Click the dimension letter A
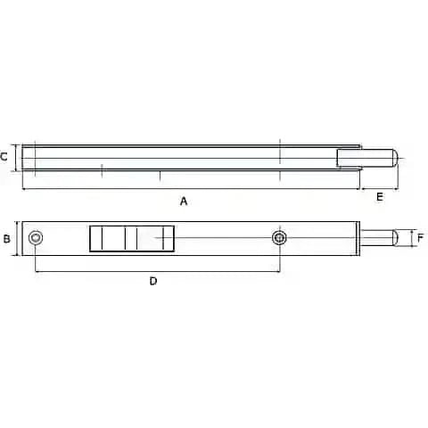[x=184, y=201]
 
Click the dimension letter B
[x=6, y=238]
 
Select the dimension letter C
[x=5, y=157]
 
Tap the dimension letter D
[x=153, y=281]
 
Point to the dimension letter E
[x=380, y=197]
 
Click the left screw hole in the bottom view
[x=36, y=238]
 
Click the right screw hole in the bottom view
[x=280, y=238]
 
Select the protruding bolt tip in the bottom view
[x=383, y=238]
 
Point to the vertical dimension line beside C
[x=16, y=157]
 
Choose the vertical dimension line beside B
[x=17, y=238]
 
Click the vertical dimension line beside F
[x=412, y=238]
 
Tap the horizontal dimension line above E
[x=379, y=189]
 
